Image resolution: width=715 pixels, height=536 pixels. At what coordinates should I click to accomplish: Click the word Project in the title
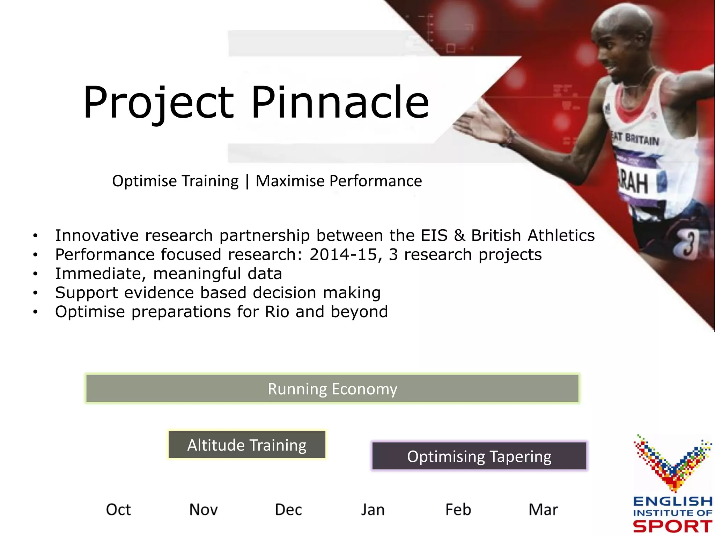(159, 103)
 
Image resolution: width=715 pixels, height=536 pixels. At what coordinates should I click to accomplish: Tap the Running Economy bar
(332, 389)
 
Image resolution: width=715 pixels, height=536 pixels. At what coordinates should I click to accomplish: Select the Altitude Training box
(247, 445)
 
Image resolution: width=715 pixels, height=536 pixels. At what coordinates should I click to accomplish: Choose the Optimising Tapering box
(479, 456)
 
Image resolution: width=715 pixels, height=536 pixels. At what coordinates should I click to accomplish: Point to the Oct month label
(118, 509)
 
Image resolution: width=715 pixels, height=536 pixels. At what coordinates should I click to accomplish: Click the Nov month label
(203, 509)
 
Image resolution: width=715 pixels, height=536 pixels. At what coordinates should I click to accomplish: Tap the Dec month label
(288, 509)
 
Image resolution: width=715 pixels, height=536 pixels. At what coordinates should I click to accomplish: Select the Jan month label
(373, 509)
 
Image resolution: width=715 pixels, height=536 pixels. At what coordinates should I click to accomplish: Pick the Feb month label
(458, 509)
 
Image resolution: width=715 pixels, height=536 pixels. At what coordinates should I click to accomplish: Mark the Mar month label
(543, 509)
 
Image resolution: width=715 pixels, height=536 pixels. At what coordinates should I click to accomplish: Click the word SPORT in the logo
(672, 526)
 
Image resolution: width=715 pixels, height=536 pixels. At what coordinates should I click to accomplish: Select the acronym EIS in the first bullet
(434, 235)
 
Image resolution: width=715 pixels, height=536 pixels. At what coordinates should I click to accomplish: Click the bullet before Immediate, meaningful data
(35, 274)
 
